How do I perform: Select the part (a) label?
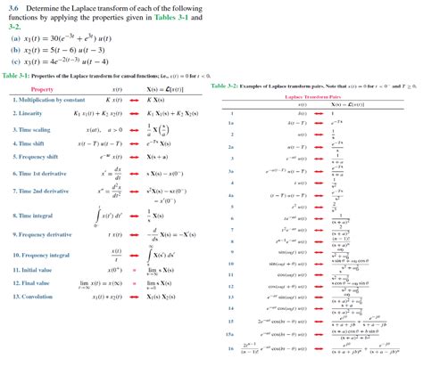15,38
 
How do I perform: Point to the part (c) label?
15,62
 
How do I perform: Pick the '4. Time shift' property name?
34,143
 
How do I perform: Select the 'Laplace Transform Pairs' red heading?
318,95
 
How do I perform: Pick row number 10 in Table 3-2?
230,264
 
